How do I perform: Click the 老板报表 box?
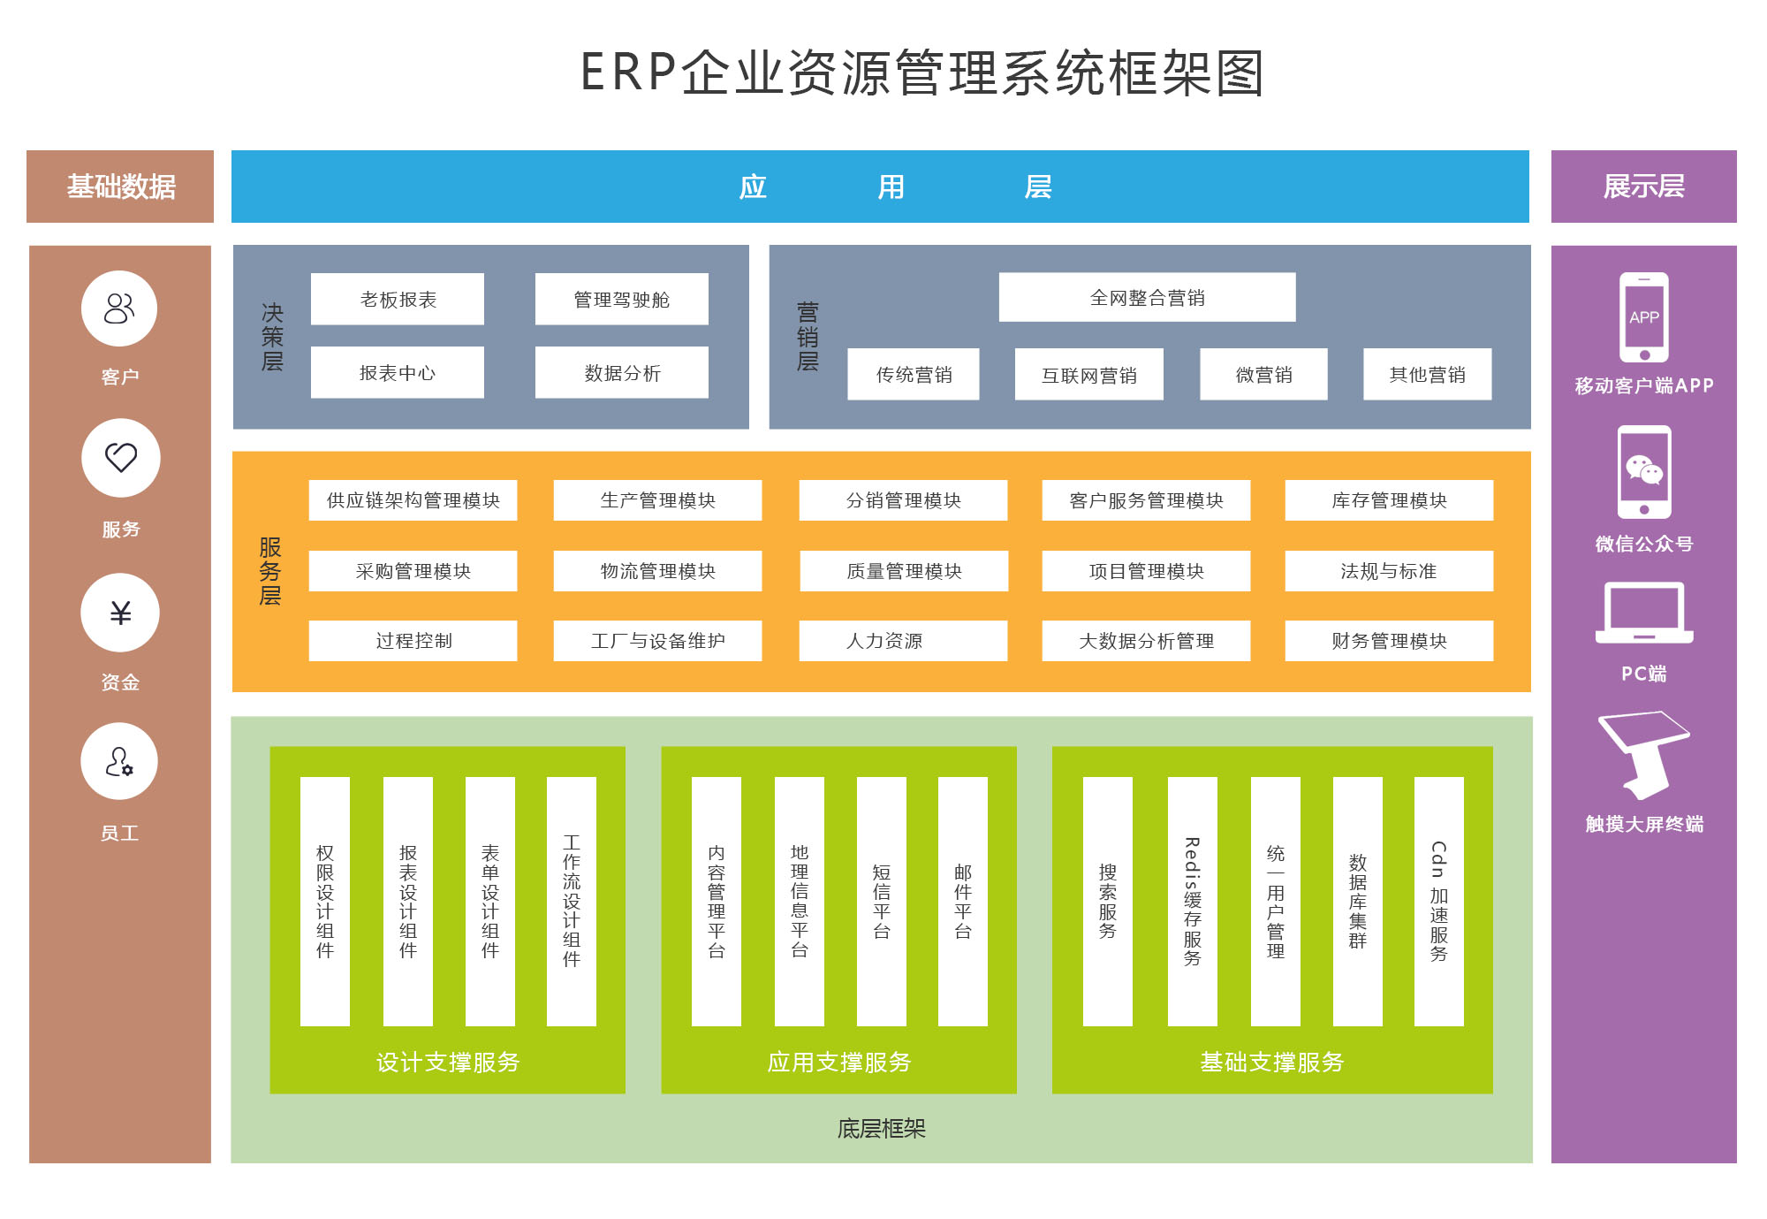[397, 300]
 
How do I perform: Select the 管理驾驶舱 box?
[621, 300]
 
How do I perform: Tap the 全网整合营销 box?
[1147, 298]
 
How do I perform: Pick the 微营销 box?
[1263, 375]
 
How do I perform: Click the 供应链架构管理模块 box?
[413, 500]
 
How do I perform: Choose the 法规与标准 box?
[1389, 571]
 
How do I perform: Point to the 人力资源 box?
[903, 641]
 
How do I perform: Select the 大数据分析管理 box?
[1146, 641]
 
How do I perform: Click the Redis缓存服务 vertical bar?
[1192, 902]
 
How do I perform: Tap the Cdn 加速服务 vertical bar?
[1438, 902]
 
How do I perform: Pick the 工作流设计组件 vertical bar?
[572, 902]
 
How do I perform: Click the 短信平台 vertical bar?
[881, 902]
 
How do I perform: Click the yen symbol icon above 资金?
[120, 613]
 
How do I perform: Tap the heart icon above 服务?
[121, 457]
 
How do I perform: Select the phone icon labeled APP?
[1643, 317]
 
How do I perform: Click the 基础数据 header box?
[120, 187]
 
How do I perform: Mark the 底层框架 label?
[881, 1129]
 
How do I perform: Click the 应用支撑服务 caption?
[838, 1062]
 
